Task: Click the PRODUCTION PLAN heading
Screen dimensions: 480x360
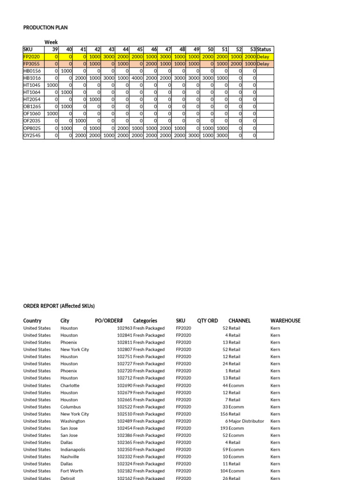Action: (45, 28)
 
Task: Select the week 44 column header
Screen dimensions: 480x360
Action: (126, 49)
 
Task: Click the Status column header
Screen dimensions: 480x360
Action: (264, 49)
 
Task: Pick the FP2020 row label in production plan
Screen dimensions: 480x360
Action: (32, 56)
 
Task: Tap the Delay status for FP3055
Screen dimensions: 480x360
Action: (263, 64)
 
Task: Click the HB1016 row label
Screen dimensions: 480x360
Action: (32, 78)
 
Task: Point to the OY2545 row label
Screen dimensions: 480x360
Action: (32, 135)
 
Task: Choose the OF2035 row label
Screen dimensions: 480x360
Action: (32, 121)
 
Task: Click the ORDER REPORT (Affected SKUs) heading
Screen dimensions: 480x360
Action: (59, 306)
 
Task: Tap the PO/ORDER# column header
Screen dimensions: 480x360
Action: (108, 321)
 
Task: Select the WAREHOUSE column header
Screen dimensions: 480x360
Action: (285, 321)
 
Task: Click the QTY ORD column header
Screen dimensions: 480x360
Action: (207, 321)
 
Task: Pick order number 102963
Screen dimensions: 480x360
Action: (124, 328)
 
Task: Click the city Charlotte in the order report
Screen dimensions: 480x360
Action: (70, 385)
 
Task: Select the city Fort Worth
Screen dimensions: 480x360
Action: (72, 471)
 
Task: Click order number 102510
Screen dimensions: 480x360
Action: (124, 414)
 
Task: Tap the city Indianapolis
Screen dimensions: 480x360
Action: (73, 450)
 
